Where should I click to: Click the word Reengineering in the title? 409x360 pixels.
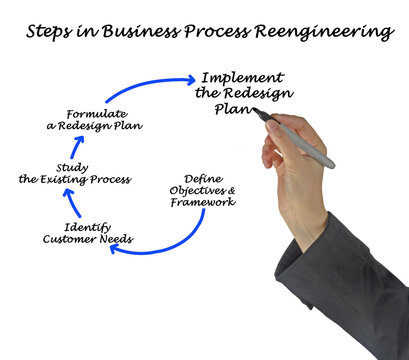326,32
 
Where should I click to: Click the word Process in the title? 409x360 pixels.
214,32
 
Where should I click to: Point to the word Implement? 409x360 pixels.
243,77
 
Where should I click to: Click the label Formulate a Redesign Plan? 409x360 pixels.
105,119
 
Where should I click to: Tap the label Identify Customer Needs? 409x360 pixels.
88,233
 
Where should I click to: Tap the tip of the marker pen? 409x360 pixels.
256,115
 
